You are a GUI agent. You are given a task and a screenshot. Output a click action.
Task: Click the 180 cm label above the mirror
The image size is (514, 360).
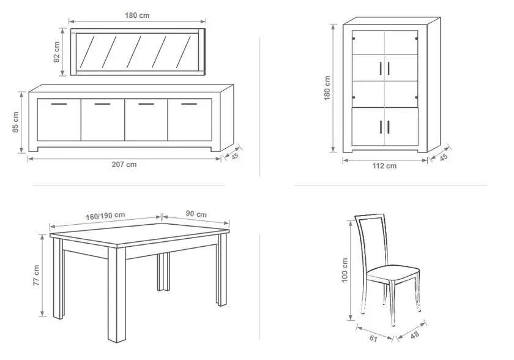[x=137, y=15]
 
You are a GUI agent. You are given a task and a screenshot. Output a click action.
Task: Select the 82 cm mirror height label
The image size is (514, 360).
[x=57, y=52]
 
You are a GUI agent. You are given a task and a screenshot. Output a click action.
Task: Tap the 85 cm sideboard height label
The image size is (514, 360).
[x=16, y=122]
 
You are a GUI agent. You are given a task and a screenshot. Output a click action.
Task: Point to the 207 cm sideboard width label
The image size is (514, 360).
[x=124, y=165]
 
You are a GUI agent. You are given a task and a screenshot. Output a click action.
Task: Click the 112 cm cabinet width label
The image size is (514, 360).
[x=384, y=166]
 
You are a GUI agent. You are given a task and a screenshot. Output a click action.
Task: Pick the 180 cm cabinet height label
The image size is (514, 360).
[x=327, y=88]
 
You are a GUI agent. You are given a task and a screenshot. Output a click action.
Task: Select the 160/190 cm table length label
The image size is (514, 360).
[x=105, y=216]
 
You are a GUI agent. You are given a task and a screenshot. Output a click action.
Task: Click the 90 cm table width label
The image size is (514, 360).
[x=196, y=214]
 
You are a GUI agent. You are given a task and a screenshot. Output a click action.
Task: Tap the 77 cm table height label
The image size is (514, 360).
[x=36, y=276]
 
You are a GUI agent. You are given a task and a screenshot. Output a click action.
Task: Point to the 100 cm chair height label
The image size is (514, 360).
[x=345, y=271]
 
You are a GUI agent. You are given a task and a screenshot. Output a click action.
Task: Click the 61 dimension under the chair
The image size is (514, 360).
[x=373, y=339]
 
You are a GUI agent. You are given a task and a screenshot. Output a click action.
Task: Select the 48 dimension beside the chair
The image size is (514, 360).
[x=414, y=335]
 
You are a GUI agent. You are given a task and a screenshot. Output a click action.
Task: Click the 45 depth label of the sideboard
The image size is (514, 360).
[x=235, y=156]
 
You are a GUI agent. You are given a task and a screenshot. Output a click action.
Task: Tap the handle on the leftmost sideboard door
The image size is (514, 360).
[x=59, y=104]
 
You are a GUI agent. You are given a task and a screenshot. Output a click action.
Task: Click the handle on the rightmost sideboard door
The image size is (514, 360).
[x=189, y=104]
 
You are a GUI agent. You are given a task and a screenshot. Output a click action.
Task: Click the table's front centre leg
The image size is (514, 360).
[x=117, y=294]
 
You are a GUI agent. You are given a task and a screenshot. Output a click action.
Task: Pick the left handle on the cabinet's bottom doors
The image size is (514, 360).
[x=381, y=127]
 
